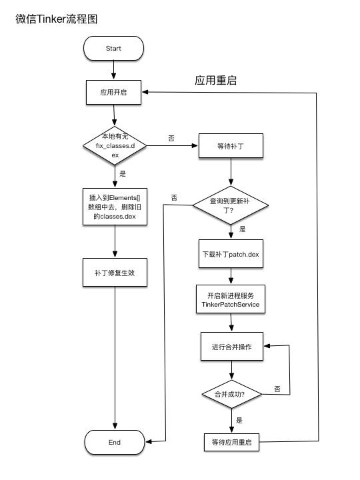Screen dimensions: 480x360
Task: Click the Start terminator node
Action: coord(113,49)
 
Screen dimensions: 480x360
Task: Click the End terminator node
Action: coord(113,442)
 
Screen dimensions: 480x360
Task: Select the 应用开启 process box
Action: coord(114,92)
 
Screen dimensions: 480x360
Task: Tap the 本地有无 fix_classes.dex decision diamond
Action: coord(114,145)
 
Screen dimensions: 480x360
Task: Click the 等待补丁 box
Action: coord(231,145)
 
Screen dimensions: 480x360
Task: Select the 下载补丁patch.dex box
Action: coord(231,255)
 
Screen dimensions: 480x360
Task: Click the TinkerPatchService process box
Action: coord(231,299)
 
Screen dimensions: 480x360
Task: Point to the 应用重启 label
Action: coord(216,81)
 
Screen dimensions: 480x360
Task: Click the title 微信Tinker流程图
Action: coord(57,19)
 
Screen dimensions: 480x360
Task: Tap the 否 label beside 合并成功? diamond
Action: coord(277,388)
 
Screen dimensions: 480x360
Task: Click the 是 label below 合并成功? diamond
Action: coord(239,421)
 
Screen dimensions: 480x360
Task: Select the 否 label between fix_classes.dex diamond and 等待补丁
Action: coord(171,138)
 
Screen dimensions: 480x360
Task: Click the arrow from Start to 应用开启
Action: coord(114,70)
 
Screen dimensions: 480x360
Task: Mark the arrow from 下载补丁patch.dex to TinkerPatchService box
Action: coord(231,277)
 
